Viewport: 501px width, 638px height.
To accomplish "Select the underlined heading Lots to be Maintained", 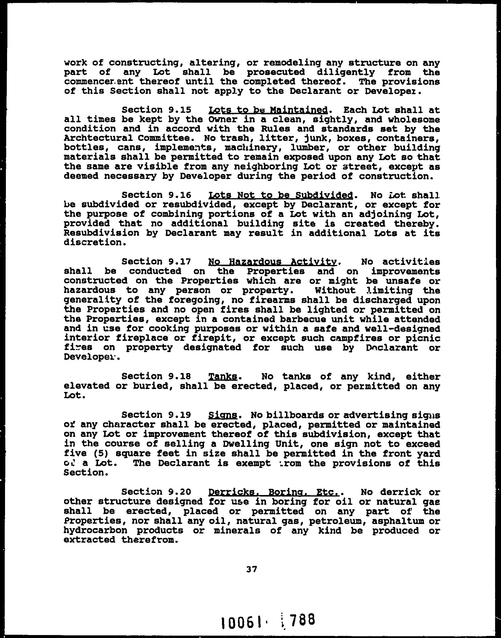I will pos(268,110).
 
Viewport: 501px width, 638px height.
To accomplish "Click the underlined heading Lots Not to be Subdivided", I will pos(280,195).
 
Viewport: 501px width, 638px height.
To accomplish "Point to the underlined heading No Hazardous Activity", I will pos(272,262).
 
